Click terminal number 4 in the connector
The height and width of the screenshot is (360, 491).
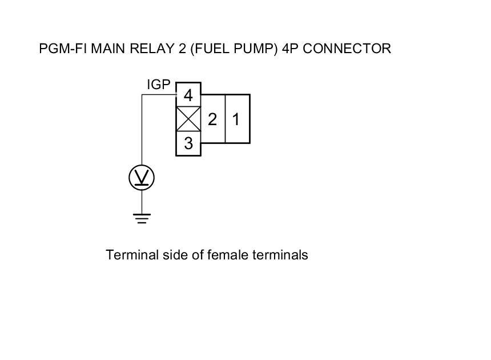(188, 94)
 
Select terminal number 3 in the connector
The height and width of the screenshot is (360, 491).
(188, 144)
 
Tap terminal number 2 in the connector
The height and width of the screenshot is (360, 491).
(212, 119)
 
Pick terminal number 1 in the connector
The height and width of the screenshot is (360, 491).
(236, 119)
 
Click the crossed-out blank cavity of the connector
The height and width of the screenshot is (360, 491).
(188, 119)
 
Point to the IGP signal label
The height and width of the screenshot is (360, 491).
(159, 85)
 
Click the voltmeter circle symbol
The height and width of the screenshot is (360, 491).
(142, 178)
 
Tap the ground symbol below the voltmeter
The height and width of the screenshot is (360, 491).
(142, 218)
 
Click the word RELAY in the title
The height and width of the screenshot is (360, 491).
(148, 49)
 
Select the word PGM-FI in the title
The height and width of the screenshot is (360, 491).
(58, 49)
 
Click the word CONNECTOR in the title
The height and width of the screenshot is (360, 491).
(347, 49)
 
